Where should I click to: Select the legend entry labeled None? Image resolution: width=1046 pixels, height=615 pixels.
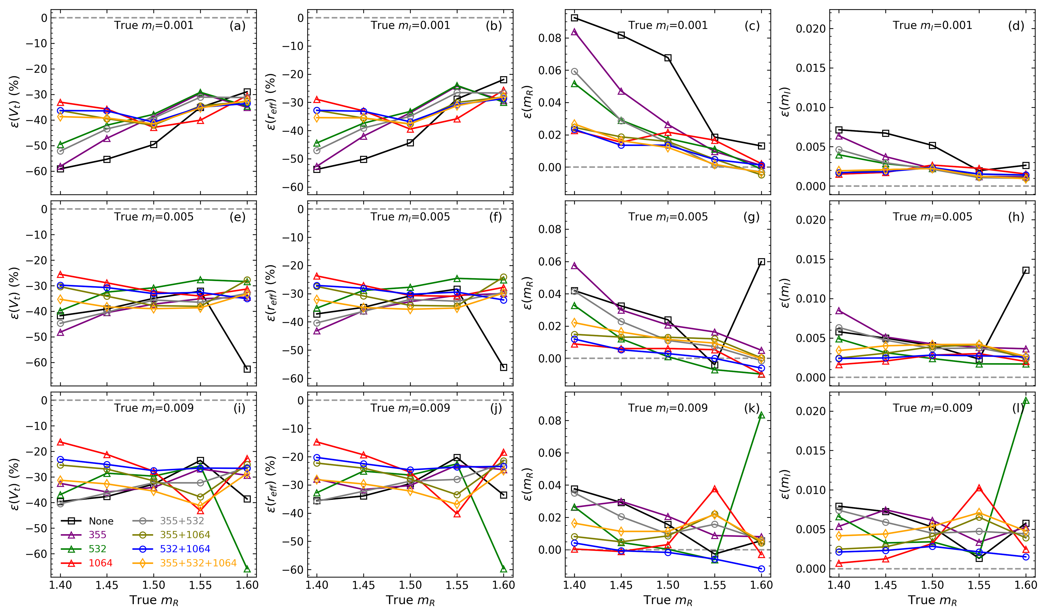coord(101,521)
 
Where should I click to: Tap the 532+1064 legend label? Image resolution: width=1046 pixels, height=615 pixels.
coord(185,549)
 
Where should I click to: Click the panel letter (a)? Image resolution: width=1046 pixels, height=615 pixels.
coord(237,26)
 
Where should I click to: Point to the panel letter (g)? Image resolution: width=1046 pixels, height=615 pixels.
coord(751,217)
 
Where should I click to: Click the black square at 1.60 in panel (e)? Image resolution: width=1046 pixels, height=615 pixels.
coord(248,369)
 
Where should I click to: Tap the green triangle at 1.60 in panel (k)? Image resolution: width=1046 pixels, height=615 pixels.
coord(761,415)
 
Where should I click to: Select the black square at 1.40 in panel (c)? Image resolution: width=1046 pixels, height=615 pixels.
coord(574,18)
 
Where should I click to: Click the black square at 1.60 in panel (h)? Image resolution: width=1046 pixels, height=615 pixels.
coord(1026,270)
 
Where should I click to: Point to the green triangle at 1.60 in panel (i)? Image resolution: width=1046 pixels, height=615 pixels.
coord(248,569)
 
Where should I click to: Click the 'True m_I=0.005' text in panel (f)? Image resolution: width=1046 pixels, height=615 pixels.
coord(410,217)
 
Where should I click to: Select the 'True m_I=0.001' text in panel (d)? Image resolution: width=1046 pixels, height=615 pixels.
coord(932,26)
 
